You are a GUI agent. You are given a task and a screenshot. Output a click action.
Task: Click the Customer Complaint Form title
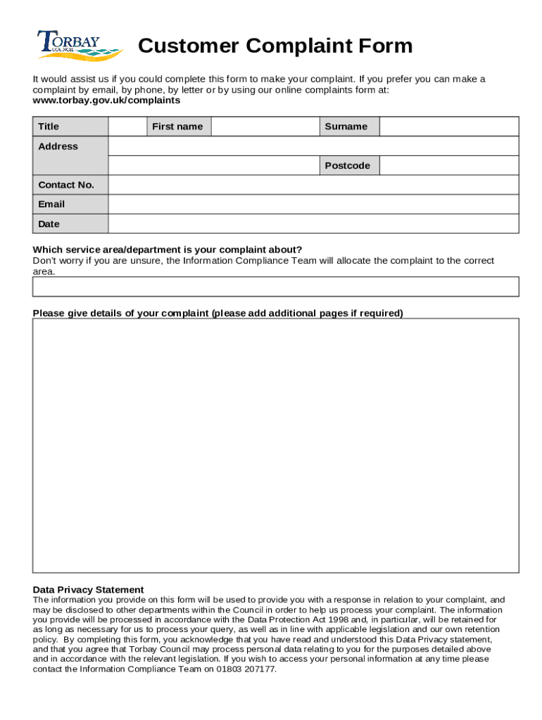pos(275,46)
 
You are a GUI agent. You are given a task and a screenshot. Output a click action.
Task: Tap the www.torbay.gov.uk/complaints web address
pos(106,101)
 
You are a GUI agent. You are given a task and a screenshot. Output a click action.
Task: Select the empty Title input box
pos(127,127)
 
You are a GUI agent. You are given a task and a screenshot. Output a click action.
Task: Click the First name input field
pos(265,127)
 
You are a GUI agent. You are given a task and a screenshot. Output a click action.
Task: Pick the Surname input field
pos(449,127)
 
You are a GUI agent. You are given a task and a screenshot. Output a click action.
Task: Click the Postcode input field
pos(449,166)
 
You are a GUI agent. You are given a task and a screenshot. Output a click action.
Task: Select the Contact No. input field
pos(313,185)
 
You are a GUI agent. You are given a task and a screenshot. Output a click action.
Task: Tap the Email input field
pos(313,205)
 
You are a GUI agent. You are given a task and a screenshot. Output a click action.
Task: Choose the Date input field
pos(313,224)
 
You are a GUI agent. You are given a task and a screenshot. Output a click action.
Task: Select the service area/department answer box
pos(275,287)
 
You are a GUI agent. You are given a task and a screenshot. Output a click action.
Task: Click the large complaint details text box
pos(275,445)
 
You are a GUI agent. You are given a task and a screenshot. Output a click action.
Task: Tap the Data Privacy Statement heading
pos(89,590)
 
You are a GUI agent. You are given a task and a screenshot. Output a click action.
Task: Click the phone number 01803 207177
pos(249,669)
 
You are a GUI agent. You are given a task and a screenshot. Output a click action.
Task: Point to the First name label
pos(178,127)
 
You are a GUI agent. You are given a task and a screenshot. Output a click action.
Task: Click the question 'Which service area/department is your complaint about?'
pos(168,250)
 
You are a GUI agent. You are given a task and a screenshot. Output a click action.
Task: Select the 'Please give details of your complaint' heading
pos(218,314)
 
